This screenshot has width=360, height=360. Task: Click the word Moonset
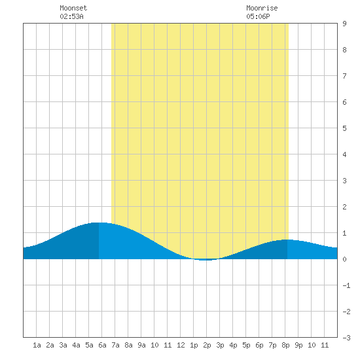point(73,8)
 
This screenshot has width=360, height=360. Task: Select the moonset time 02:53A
point(71,16)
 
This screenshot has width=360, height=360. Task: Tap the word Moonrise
point(262,8)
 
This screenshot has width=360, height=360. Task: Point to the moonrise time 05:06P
point(258,16)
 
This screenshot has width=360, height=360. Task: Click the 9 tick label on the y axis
point(344,24)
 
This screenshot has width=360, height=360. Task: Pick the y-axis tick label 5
point(344,128)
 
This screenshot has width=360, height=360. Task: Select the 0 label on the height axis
point(344,259)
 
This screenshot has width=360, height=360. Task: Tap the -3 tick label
point(346,338)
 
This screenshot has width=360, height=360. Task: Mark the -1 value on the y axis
point(346,285)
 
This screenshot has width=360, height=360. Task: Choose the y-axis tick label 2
point(344,207)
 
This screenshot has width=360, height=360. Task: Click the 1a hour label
point(37,345)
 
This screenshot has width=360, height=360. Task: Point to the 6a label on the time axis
point(102,345)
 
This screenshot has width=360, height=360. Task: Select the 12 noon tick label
point(181,345)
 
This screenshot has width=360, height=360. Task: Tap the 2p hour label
point(207,346)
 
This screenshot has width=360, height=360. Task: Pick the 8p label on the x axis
point(285,346)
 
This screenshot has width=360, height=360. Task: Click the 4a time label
point(76,345)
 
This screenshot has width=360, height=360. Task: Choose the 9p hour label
point(298,346)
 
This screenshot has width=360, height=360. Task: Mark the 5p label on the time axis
point(246,346)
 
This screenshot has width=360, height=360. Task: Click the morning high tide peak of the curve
point(99,223)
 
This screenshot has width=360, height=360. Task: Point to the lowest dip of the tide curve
point(206,260)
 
